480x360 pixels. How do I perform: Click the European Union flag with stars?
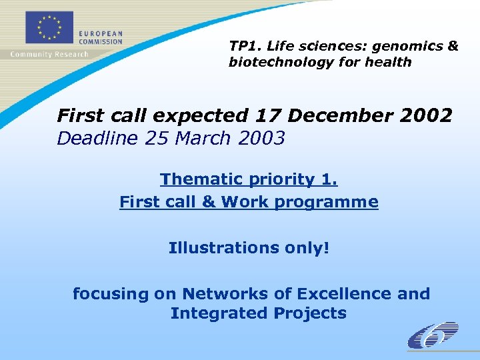pos(49,29)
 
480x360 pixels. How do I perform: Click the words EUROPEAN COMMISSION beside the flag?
pos(101,37)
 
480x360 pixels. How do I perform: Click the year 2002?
pos(426,115)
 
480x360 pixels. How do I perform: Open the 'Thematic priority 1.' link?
pos(249,179)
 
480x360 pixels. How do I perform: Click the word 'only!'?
pos(305,248)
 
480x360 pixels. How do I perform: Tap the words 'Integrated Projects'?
pos(258,313)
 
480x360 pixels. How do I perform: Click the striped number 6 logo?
pos(433,335)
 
